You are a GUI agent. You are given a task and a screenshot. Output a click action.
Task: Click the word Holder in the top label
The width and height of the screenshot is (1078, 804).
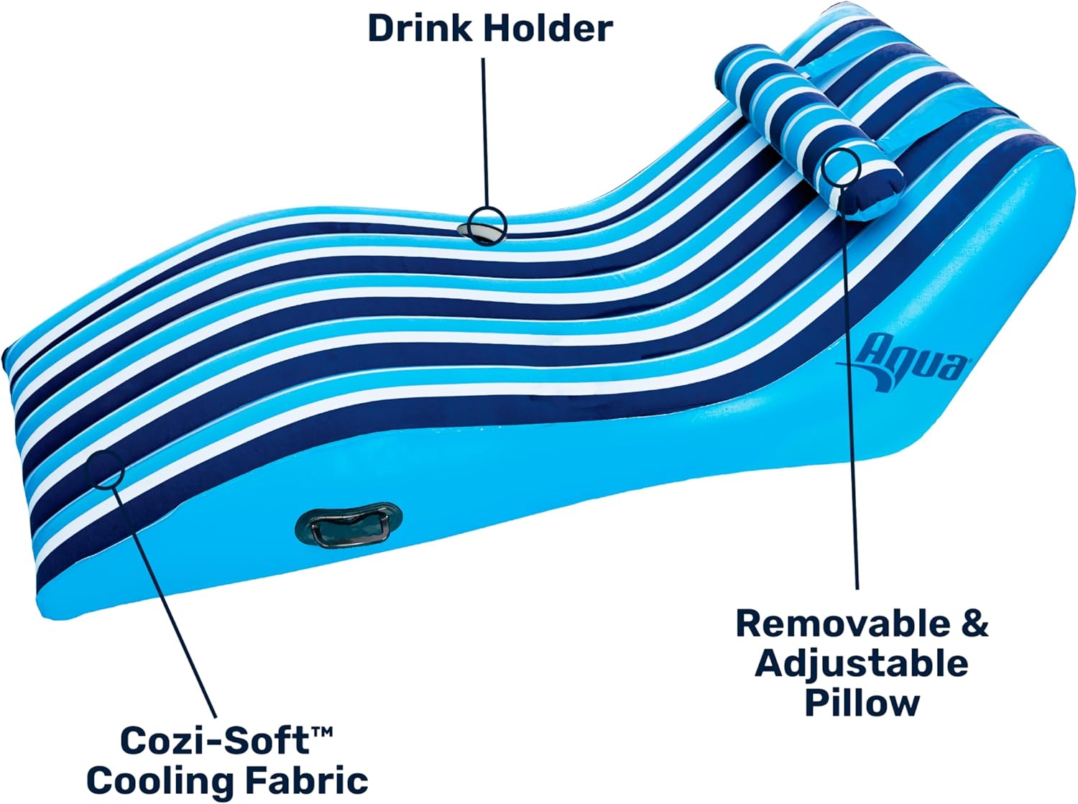click(548, 29)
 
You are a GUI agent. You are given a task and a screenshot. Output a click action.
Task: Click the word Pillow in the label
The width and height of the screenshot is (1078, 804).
click(862, 704)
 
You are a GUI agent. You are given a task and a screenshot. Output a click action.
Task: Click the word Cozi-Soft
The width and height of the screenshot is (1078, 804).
click(214, 741)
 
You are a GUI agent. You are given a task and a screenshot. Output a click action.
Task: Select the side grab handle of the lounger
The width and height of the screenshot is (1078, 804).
click(349, 525)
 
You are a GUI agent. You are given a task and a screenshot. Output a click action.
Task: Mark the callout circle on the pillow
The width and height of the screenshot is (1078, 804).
click(842, 167)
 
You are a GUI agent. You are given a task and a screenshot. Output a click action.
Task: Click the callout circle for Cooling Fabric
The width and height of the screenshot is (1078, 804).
click(105, 468)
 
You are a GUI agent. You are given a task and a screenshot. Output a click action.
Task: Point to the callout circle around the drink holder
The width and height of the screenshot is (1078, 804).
click(487, 226)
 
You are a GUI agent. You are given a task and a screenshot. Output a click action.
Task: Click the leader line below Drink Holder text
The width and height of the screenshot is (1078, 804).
click(484, 132)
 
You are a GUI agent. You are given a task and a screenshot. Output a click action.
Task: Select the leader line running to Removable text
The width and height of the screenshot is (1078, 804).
click(849, 387)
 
